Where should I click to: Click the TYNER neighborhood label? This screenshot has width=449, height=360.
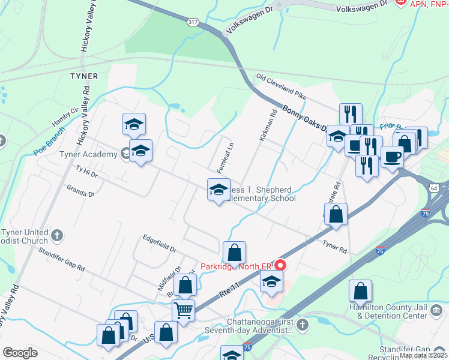pos(83,76)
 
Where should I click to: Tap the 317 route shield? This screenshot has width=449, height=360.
pos(193,22)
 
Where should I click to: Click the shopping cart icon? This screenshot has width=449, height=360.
pos(183,311)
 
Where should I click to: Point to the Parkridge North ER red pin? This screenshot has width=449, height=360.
pos(280,265)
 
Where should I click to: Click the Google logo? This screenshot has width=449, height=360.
pos(20,352)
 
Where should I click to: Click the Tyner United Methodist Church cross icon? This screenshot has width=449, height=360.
pos(57,234)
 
